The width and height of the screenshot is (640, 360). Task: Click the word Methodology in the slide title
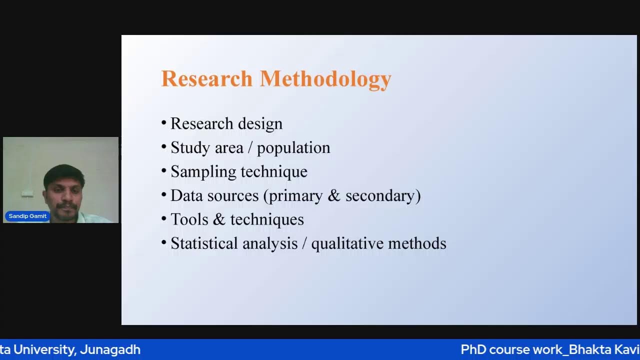(x=325, y=79)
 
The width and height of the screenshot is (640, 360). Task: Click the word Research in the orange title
(x=206, y=79)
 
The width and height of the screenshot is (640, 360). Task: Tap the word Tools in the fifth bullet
(x=189, y=219)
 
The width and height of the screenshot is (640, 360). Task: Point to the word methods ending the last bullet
(x=417, y=243)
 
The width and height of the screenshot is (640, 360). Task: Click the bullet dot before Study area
(x=164, y=147)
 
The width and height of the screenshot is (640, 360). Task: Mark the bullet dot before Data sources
(x=164, y=195)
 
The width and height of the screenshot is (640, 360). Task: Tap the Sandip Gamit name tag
(x=27, y=216)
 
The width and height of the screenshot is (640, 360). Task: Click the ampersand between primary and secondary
(x=334, y=195)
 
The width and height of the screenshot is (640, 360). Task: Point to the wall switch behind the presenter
(x=27, y=193)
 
